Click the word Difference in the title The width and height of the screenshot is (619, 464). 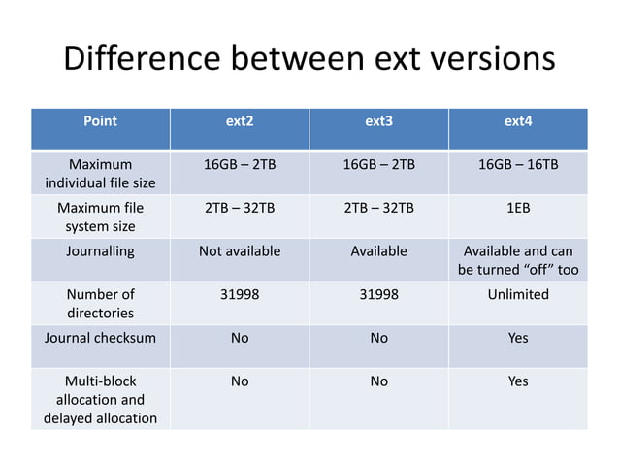[140, 59]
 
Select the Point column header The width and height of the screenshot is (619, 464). [100, 122]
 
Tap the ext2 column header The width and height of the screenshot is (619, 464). [240, 122]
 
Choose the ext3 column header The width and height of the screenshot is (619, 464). [379, 122]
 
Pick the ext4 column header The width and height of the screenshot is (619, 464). [518, 122]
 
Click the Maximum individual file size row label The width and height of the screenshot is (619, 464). [100, 173]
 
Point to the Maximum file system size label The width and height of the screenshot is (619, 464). [100, 217]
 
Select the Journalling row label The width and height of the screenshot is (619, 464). [100, 250]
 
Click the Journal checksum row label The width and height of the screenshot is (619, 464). [100, 339]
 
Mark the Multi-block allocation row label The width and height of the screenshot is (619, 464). [100, 399]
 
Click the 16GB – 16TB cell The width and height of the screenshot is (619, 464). [518, 164]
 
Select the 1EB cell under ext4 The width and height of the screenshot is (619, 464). [518, 208]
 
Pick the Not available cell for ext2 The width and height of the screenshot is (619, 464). [240, 250]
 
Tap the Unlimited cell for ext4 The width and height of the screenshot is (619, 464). [518, 294]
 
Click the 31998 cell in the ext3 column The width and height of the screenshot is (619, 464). [379, 294]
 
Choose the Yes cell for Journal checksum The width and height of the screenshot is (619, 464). [518, 339]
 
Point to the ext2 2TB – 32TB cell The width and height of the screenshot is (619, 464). [240, 208]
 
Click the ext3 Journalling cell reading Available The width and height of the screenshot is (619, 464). [379, 250]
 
